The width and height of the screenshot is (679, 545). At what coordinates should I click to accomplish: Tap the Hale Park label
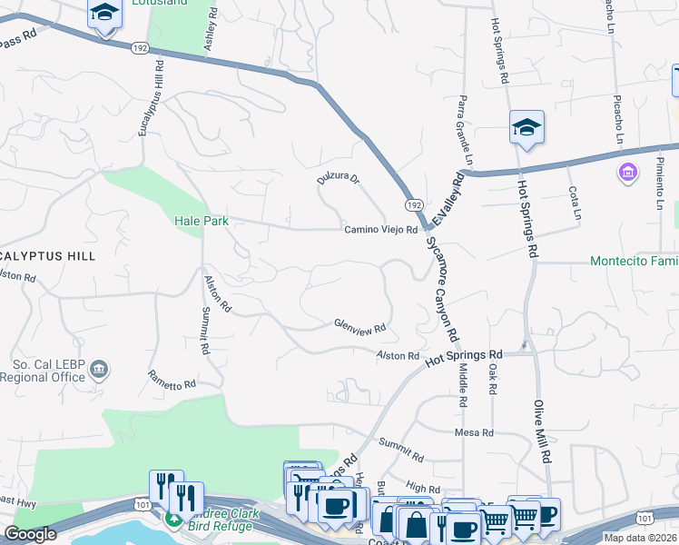click(x=201, y=221)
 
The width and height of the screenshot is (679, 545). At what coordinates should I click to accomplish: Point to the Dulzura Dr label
click(x=338, y=180)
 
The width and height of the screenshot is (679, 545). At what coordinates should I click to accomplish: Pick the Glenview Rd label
click(x=360, y=325)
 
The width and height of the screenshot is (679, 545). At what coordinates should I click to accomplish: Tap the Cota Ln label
click(x=574, y=203)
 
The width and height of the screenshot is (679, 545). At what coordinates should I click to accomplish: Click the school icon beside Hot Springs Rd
click(x=526, y=129)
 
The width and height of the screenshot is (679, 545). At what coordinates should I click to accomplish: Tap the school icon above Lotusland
click(x=105, y=15)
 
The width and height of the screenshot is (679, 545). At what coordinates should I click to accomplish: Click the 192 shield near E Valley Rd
click(x=413, y=206)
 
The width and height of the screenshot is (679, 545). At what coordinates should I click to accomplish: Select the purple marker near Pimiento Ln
click(x=626, y=172)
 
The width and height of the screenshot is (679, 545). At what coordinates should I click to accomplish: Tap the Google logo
click(x=30, y=534)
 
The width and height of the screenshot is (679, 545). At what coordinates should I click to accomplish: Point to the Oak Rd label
click(x=493, y=380)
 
